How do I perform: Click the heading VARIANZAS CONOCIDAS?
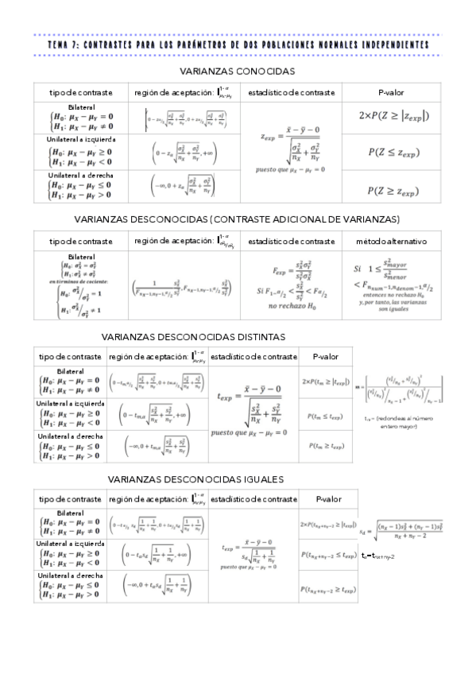point(238,71)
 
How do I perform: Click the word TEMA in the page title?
point(59,45)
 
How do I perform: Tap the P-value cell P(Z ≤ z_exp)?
point(394,152)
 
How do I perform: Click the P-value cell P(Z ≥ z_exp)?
point(394,190)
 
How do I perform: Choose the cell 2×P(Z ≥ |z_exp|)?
point(394,115)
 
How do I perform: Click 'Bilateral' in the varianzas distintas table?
point(71,372)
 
